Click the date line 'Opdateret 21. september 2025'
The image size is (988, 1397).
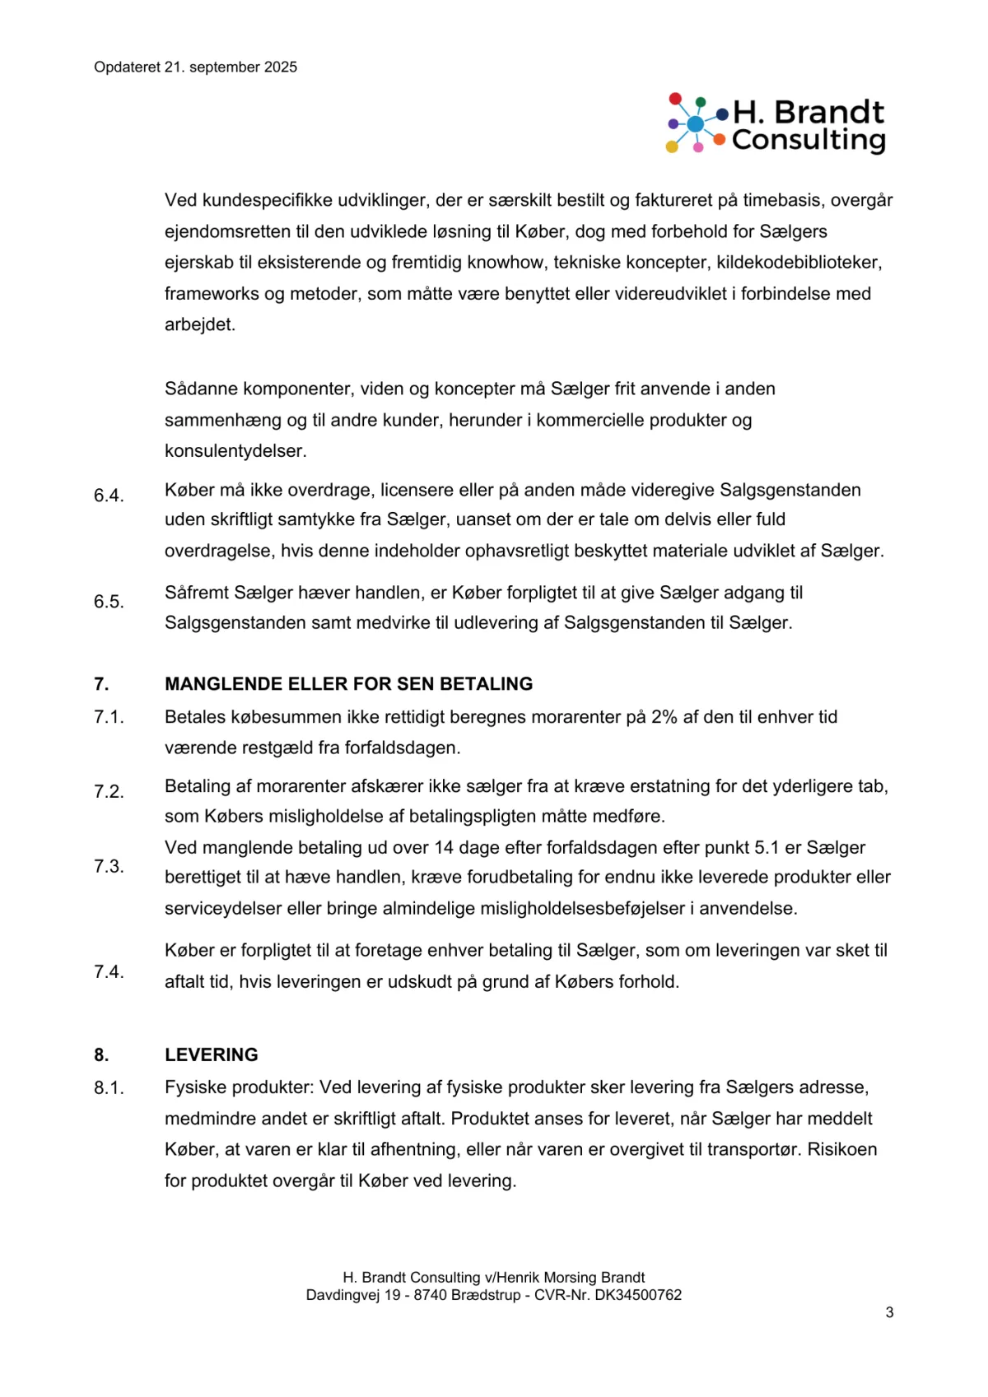point(195,68)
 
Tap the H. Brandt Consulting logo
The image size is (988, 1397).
point(776,124)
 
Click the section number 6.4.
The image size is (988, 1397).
point(109,496)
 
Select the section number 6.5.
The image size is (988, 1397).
point(109,602)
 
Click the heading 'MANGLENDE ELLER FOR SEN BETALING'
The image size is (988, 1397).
point(348,684)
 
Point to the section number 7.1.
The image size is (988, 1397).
point(109,717)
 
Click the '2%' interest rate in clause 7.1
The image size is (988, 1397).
point(664,717)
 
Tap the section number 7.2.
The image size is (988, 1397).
point(109,792)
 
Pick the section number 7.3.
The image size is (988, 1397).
point(109,867)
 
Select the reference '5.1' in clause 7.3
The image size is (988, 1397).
point(767,848)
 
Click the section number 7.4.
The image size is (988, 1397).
point(109,972)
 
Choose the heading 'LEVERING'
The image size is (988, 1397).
point(212,1055)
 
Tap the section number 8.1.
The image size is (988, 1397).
point(109,1088)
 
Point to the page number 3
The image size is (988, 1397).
point(889,1312)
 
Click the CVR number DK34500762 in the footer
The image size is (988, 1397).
point(640,1295)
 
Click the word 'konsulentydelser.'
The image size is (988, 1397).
point(224,451)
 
